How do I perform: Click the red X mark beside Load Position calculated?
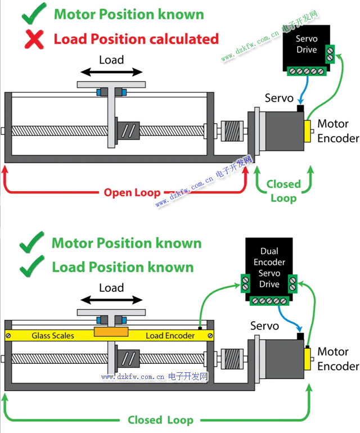click(x=35, y=39)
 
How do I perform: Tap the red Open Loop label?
click(x=132, y=193)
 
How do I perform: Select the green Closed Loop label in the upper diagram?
click(x=283, y=191)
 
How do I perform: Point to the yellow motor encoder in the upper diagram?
click(x=308, y=130)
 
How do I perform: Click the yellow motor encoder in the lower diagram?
click(x=308, y=358)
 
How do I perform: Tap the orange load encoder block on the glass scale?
click(x=111, y=333)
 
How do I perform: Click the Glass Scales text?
click(x=52, y=336)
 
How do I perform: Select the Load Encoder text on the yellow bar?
click(x=170, y=336)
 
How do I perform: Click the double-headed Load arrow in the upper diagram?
click(x=111, y=72)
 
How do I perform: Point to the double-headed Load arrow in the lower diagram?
click(x=111, y=300)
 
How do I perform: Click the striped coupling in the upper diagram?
click(x=231, y=131)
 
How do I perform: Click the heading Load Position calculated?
click(x=136, y=39)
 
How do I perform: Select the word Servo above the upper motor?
click(x=279, y=98)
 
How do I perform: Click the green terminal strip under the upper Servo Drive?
click(x=307, y=71)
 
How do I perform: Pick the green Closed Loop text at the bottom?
click(x=160, y=420)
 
